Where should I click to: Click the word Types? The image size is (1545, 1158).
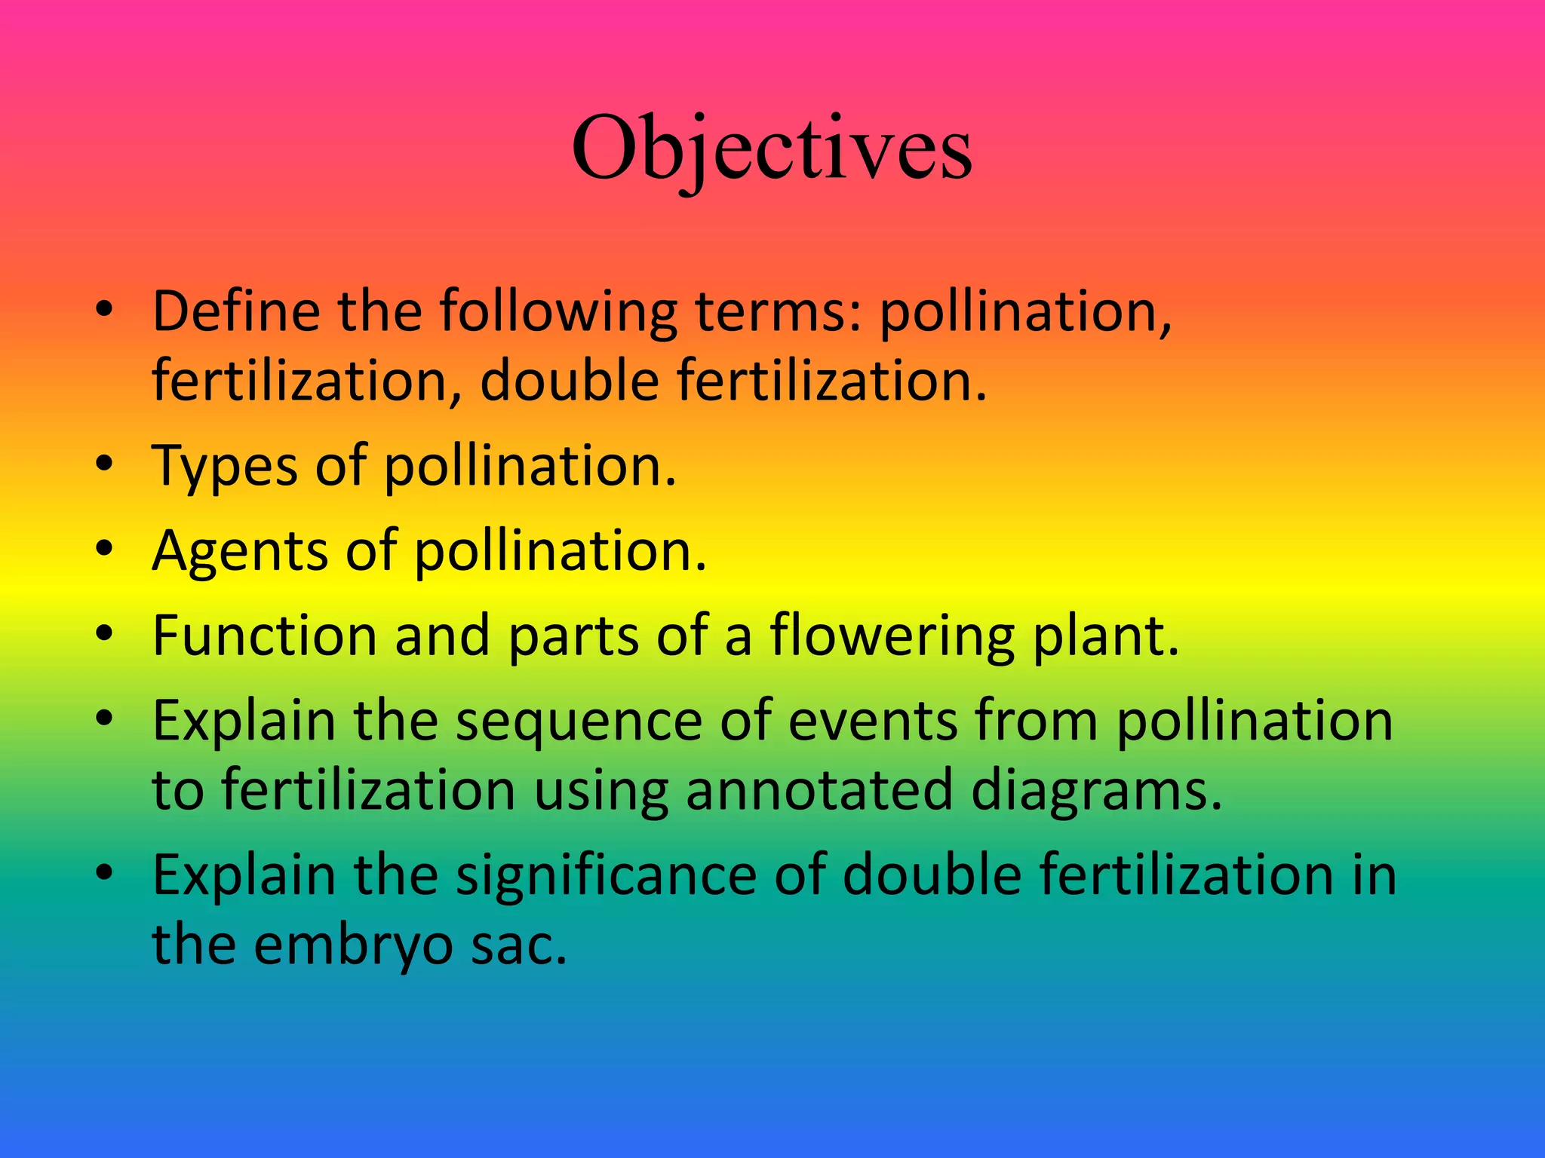(225, 467)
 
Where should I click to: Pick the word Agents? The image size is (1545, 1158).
(240, 552)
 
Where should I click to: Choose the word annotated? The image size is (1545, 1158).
(819, 790)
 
